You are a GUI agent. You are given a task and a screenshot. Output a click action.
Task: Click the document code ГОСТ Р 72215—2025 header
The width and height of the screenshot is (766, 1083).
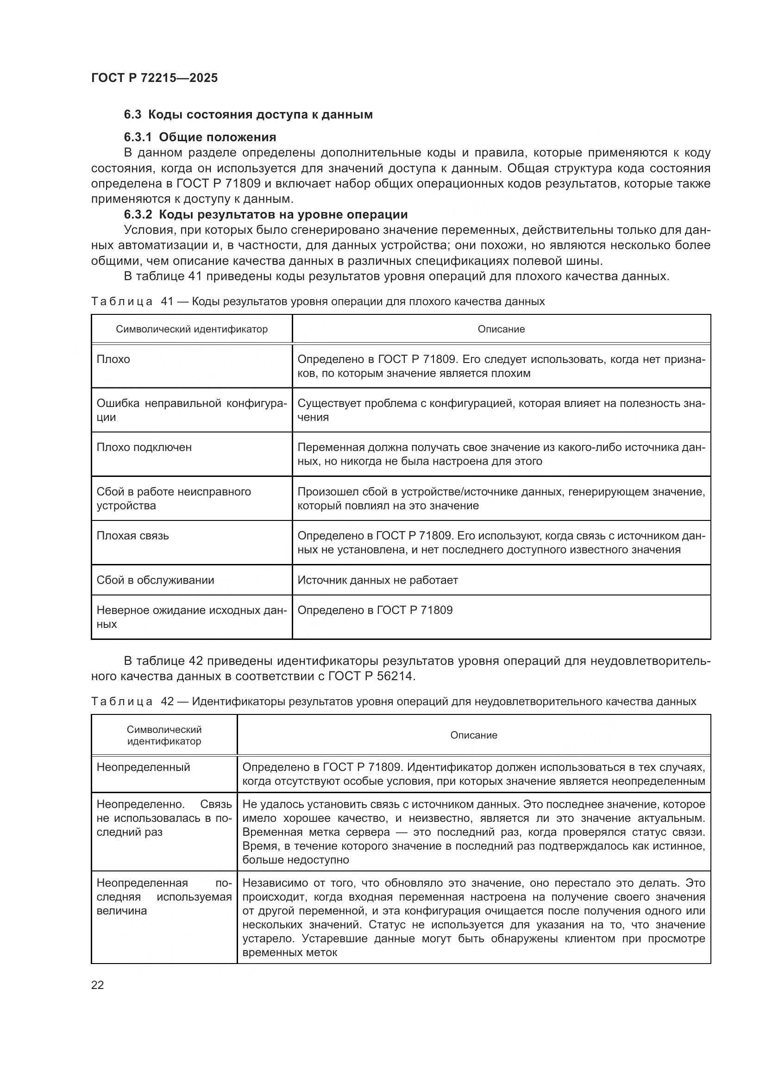[x=154, y=78]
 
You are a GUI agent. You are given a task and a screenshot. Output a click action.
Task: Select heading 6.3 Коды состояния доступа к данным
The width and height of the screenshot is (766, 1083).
[x=248, y=115]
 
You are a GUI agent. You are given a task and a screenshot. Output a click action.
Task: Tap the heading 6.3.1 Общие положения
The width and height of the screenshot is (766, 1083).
[x=200, y=137]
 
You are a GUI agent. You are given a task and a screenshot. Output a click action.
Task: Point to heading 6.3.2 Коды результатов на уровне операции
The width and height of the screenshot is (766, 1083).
[x=265, y=215]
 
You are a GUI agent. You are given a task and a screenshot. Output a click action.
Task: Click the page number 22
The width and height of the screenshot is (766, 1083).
[x=97, y=985]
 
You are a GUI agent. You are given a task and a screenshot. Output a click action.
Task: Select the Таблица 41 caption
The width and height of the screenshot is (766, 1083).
[x=318, y=301]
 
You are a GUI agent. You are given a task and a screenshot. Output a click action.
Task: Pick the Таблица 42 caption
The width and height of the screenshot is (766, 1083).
[x=393, y=701]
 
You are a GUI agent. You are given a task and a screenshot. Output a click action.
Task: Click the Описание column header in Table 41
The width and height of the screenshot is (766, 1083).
[x=501, y=329]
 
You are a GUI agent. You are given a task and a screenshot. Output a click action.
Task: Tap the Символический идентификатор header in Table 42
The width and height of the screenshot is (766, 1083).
[x=164, y=735]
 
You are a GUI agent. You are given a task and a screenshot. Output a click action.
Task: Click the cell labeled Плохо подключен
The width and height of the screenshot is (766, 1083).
[x=144, y=447]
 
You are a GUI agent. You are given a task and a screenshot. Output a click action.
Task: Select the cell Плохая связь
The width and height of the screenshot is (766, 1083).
[x=132, y=536]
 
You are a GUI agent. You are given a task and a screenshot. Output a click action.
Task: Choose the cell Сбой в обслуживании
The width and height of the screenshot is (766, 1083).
[x=155, y=580]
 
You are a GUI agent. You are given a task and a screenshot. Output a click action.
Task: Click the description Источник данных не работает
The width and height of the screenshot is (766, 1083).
[x=377, y=580]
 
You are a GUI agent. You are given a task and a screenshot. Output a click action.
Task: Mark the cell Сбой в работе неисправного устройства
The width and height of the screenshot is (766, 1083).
[x=174, y=498]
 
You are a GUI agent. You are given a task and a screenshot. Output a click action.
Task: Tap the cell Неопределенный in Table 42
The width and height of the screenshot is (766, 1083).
[x=144, y=767]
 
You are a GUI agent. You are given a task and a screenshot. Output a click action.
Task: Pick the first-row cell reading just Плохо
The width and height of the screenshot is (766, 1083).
[x=113, y=359]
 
